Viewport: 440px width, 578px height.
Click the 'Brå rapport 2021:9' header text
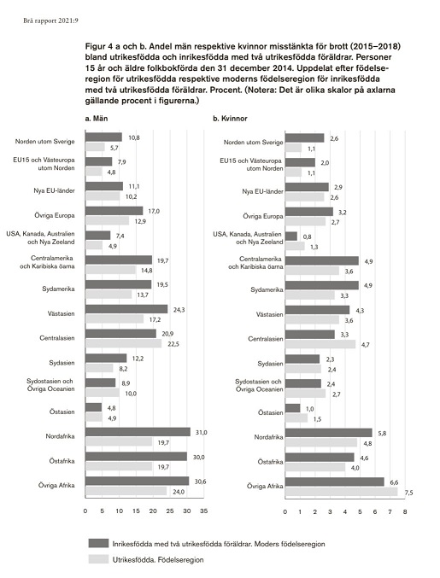(x=51, y=21)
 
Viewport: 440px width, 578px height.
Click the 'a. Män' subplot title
(x=97, y=119)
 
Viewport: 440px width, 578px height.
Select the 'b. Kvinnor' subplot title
(x=230, y=119)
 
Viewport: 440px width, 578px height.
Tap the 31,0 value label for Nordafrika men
(x=200, y=432)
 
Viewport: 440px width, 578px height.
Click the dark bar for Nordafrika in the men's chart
(x=138, y=432)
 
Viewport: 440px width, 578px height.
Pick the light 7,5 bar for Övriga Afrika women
(x=342, y=492)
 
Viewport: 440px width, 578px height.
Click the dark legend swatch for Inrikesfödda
(x=98, y=543)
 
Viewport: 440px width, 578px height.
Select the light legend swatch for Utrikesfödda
(x=98, y=559)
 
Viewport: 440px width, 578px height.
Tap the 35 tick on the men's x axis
(x=203, y=511)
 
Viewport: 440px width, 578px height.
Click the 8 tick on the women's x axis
(x=405, y=511)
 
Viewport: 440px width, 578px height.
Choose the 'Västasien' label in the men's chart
(x=62, y=313)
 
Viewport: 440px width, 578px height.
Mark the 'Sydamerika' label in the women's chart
(x=267, y=289)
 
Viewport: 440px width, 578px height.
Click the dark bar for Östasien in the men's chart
(x=94, y=407)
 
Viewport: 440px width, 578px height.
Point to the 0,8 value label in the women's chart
(x=307, y=237)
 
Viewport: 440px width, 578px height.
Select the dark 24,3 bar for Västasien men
(x=126, y=309)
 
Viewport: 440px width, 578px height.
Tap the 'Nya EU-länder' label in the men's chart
(x=54, y=191)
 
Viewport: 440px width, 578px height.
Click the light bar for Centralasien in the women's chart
(x=320, y=344)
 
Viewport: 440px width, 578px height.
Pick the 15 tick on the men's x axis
(x=136, y=511)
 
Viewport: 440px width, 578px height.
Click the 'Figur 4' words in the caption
(x=98, y=47)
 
